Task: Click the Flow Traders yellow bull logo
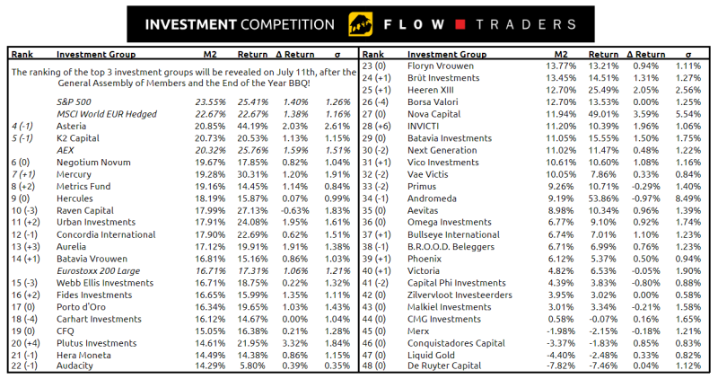(x=357, y=22)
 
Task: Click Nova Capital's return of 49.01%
(x=603, y=114)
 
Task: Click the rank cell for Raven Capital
(x=24, y=210)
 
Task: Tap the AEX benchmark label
(x=65, y=150)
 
